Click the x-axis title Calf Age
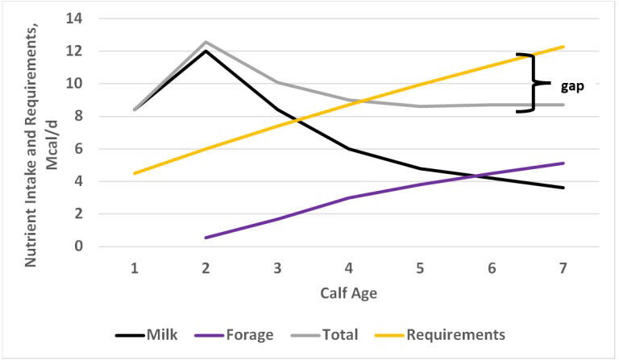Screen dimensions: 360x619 (x=349, y=293)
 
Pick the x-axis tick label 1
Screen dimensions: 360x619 (x=134, y=269)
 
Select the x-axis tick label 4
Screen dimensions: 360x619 (x=348, y=269)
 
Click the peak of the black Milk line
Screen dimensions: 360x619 (x=206, y=51)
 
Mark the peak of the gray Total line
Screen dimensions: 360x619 (x=206, y=42)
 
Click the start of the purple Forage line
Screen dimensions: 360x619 (x=206, y=238)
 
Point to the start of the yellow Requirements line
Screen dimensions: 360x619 (x=134, y=173)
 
